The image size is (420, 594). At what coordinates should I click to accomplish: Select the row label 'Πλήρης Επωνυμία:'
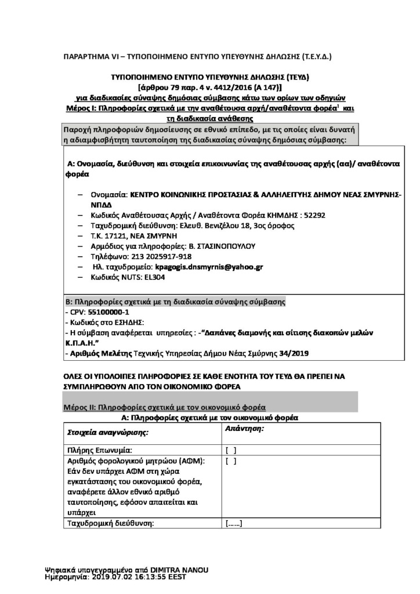(100, 450)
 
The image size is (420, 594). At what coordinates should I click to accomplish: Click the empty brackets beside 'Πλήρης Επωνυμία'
(230, 450)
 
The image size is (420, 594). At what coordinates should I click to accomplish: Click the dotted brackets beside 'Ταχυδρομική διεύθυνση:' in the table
(233, 524)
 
